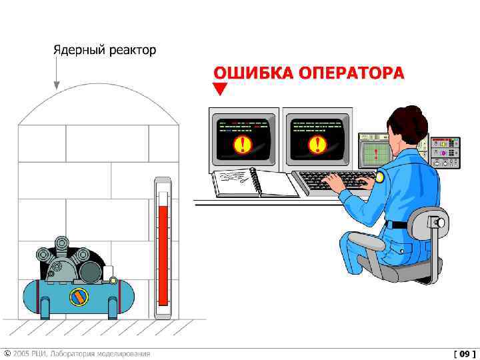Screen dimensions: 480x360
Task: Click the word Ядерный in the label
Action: click(x=79, y=50)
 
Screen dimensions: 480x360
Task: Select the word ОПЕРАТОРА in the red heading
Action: click(x=351, y=73)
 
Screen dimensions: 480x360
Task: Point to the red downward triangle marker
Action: click(x=220, y=88)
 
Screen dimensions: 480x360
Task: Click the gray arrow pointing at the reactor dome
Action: click(x=56, y=73)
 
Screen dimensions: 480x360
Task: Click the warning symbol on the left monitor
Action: click(x=243, y=144)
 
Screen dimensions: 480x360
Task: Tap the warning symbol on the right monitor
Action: click(x=317, y=144)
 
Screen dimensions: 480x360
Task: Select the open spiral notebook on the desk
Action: click(x=255, y=183)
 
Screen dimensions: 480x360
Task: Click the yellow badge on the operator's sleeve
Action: click(x=379, y=177)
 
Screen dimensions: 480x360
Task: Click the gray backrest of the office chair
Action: click(x=427, y=223)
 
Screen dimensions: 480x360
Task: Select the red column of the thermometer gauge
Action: click(x=163, y=255)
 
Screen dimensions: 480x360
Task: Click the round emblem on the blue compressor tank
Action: click(x=79, y=297)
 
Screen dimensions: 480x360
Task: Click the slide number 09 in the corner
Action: click(x=465, y=354)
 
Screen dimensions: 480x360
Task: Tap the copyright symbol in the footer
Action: click(x=7, y=354)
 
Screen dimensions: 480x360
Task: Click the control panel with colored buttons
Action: click(x=445, y=153)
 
